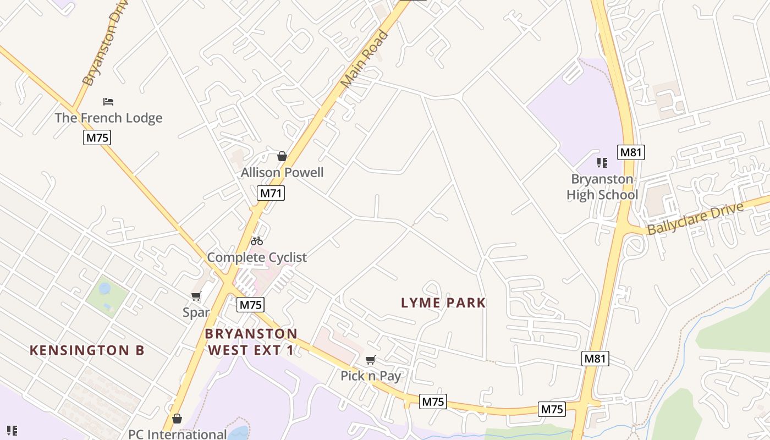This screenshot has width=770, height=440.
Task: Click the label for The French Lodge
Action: (x=108, y=118)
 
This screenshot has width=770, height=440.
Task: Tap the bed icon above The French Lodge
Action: (x=108, y=102)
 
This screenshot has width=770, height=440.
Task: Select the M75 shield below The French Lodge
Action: (x=97, y=137)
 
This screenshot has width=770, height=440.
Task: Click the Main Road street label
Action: (x=365, y=59)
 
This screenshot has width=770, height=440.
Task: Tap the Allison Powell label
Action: (x=282, y=173)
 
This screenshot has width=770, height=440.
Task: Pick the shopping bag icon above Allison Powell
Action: (x=282, y=157)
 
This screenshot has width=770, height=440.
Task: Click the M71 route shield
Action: (x=271, y=193)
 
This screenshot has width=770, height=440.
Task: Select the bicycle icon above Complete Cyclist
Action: (x=257, y=241)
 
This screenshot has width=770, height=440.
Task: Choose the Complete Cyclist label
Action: (x=257, y=257)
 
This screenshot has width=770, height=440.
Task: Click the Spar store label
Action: (x=196, y=312)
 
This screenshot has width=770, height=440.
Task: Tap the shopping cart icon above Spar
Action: (x=196, y=297)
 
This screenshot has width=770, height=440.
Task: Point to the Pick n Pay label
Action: (x=371, y=376)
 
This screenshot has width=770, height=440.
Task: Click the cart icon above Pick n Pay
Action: (x=371, y=360)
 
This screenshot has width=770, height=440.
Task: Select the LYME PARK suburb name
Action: (x=443, y=303)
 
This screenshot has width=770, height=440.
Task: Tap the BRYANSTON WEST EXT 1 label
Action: (x=251, y=342)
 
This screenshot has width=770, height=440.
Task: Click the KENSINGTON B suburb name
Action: (x=87, y=350)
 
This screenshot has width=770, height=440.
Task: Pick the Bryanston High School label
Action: (x=602, y=187)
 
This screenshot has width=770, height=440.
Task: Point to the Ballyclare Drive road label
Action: (x=695, y=218)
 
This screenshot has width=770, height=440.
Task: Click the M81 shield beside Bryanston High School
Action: (x=631, y=152)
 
